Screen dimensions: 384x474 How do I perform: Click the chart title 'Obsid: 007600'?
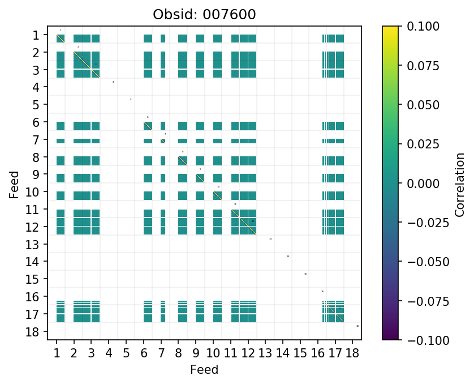tap(204, 14)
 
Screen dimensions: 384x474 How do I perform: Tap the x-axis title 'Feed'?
tap(204, 370)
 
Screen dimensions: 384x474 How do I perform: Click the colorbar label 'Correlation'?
tap(459, 183)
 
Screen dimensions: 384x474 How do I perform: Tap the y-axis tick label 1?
tap(36, 36)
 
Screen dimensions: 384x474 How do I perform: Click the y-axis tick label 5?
tap(36, 105)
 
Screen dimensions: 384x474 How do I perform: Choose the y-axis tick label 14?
tap(33, 262)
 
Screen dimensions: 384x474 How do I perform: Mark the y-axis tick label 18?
tap(33, 331)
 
